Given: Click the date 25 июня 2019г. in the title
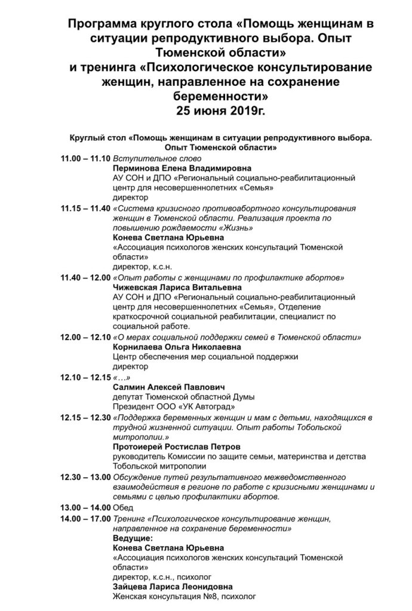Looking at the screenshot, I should [x=221, y=110].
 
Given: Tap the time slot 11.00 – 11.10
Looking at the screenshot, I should [x=85, y=159].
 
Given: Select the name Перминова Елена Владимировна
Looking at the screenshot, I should [x=182, y=169].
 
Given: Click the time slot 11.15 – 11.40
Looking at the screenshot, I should [x=85, y=208].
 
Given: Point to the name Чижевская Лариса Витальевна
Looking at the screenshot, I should [x=180, y=288].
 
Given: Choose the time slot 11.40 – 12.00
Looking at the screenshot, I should [x=85, y=277].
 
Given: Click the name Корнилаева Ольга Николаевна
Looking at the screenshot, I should [x=177, y=347].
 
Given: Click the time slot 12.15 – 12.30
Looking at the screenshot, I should [x=85, y=416].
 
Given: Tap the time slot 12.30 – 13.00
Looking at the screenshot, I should [x=85, y=477].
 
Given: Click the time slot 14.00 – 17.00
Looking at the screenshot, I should [x=85, y=517].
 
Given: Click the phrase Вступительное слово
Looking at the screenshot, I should [x=154, y=159].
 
